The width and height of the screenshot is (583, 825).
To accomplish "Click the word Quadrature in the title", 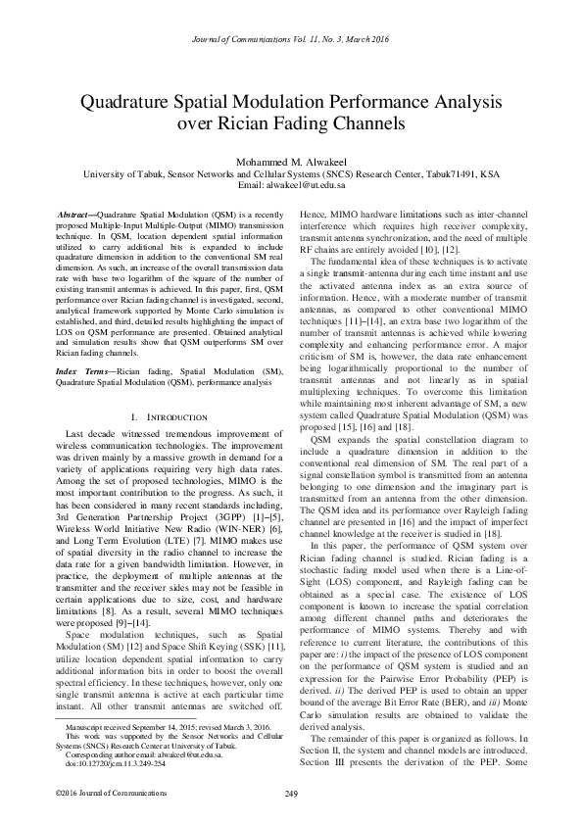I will click(134, 102).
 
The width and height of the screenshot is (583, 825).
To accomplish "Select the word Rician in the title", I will click(285, 124).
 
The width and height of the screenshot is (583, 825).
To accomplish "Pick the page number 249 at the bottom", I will click(291, 792).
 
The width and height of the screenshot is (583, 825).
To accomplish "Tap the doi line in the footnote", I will click(116, 763).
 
